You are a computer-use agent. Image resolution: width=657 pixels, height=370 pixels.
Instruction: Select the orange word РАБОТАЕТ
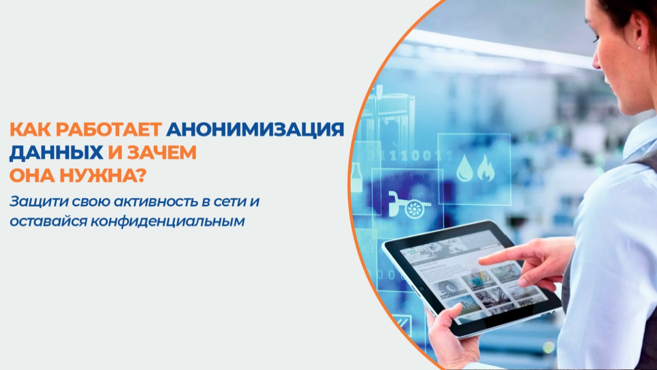point(109,129)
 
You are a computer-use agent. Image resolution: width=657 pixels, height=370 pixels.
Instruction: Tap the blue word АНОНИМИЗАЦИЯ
point(255,129)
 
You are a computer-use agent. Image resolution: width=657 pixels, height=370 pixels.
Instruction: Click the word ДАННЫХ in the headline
point(56,153)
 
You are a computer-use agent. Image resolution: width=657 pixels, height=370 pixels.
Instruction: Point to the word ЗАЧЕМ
point(162,153)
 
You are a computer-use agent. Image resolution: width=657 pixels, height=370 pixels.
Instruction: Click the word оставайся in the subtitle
point(48,221)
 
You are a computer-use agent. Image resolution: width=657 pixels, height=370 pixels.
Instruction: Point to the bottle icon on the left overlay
point(356,178)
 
